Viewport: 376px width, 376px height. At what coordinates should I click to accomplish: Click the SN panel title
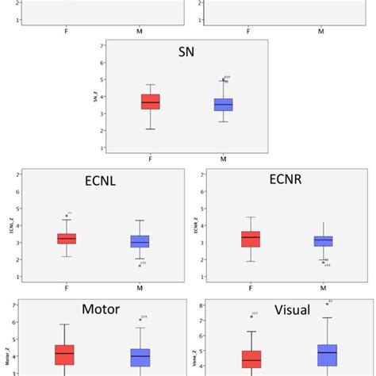click(188, 52)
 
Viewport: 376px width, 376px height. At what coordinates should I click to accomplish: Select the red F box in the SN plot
click(151, 102)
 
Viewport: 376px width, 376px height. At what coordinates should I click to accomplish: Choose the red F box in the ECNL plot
click(67, 238)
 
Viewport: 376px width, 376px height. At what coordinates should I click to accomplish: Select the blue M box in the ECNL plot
click(140, 241)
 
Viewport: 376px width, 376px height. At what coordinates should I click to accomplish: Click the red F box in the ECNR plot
click(250, 239)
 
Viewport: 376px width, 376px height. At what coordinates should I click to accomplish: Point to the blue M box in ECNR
click(323, 241)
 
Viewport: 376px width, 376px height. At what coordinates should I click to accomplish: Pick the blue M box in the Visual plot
click(327, 355)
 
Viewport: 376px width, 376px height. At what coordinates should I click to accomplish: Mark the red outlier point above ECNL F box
click(67, 215)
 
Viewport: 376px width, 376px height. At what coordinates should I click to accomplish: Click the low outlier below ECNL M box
click(140, 265)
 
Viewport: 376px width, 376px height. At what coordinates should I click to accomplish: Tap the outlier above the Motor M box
click(140, 319)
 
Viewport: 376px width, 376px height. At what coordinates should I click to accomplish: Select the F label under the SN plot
click(151, 159)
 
